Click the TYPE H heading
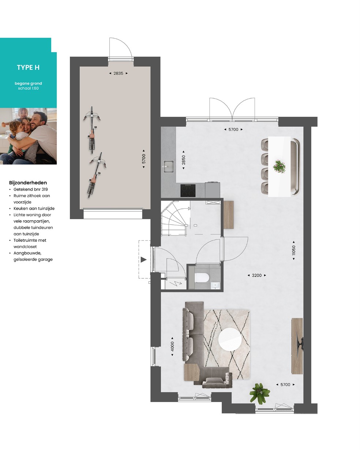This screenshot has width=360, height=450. click(28, 67)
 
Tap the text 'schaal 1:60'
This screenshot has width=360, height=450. click(28, 88)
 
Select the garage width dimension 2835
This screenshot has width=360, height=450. click(118, 73)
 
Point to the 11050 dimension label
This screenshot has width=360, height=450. click(294, 250)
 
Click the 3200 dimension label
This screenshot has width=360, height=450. click(256, 275)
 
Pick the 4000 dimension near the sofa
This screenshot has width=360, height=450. click(172, 346)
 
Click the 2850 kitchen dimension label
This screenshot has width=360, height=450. click(183, 160)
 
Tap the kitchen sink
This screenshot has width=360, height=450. click(168, 167)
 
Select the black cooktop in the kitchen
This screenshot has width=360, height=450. click(188, 190)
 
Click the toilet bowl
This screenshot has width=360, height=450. click(202, 278)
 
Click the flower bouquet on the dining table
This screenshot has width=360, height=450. click(279, 167)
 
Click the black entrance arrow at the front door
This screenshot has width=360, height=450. click(143, 260)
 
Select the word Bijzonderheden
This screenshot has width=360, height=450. click(28, 183)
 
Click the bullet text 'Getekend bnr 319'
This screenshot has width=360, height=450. click(30, 189)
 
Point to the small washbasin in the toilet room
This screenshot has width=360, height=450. click(215, 285)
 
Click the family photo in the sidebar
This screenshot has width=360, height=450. click(28, 136)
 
